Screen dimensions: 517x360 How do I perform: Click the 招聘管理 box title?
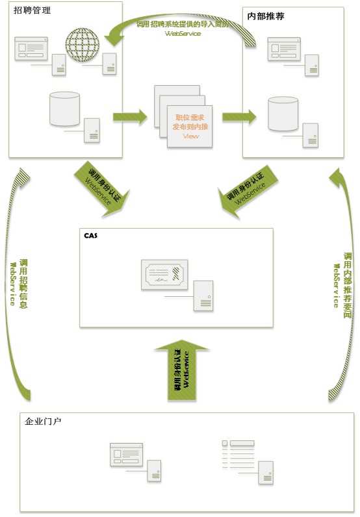pos(32,11)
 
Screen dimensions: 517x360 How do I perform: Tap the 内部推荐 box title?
pos(266,15)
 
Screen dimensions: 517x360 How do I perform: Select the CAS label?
pos(90,234)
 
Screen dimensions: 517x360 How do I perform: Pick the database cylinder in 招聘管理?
pos(64,108)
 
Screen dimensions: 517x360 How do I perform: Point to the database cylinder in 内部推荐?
pos(283,114)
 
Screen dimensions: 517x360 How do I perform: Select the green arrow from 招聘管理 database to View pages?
pos(130,117)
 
